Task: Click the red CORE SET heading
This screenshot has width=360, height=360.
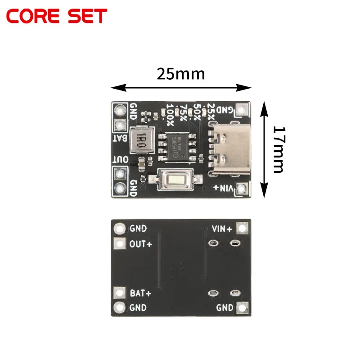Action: pyautogui.click(x=57, y=16)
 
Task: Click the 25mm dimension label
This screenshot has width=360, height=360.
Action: pyautogui.click(x=180, y=73)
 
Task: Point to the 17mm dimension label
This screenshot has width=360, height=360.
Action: pyautogui.click(x=279, y=150)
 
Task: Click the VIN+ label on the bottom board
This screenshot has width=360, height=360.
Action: pyautogui.click(x=222, y=229)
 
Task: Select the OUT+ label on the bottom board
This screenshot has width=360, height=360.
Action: pyautogui.click(x=140, y=244)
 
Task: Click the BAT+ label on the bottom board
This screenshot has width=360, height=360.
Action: pyautogui.click(x=140, y=293)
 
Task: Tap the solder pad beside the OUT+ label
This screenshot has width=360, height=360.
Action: pyautogui.click(x=120, y=244)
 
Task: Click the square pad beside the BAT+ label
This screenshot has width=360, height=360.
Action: pyautogui.click(x=120, y=293)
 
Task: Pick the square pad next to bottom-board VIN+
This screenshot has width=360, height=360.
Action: pyautogui.click(x=243, y=228)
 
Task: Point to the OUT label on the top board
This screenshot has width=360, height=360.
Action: pyautogui.click(x=121, y=160)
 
